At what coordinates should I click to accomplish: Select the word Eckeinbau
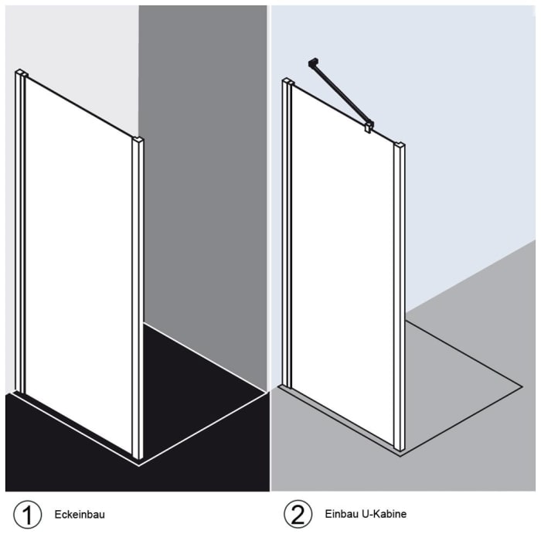tap(80, 514)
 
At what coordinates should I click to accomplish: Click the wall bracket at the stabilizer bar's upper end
tap(313, 62)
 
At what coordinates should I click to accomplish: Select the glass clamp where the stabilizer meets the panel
tap(369, 124)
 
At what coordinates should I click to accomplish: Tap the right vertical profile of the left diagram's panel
tap(138, 301)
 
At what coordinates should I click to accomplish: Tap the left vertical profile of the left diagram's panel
tap(20, 232)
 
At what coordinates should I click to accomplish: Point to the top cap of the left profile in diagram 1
tap(21, 74)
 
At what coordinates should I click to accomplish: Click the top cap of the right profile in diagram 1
tap(138, 141)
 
